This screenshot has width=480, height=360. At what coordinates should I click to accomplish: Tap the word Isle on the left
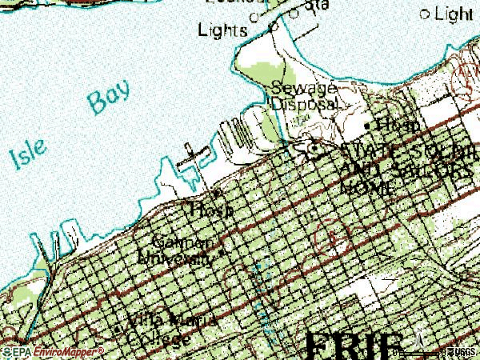pyautogui.click(x=27, y=157)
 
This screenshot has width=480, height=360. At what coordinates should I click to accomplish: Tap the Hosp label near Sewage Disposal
pyautogui.click(x=398, y=126)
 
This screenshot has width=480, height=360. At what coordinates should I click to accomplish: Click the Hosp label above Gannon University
pyautogui.click(x=212, y=210)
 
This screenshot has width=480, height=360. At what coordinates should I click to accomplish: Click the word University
pyautogui.click(x=176, y=258)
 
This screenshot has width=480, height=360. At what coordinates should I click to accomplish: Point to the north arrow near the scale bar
pyautogui.click(x=416, y=341)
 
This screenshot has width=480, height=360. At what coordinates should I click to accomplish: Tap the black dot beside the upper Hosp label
pyautogui.click(x=367, y=126)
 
